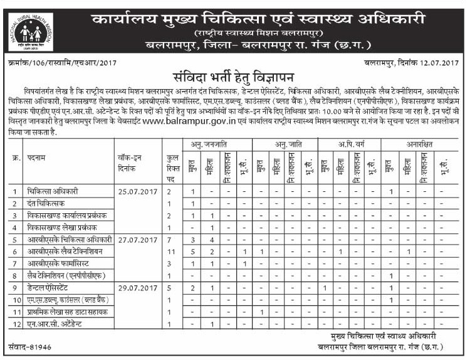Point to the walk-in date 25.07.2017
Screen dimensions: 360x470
(137, 191)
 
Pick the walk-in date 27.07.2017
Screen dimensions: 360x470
(137, 240)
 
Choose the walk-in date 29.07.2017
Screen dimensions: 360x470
(137, 289)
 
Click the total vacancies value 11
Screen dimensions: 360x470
(169, 251)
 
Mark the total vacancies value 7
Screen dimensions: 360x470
(169, 240)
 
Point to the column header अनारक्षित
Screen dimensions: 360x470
(418, 145)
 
